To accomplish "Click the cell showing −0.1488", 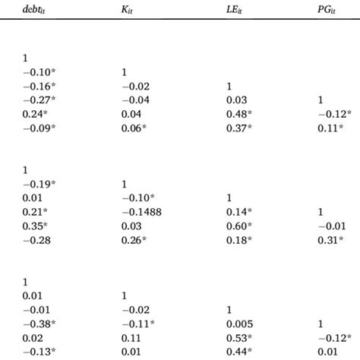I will (x=141, y=211).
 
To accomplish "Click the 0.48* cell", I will (x=238, y=113).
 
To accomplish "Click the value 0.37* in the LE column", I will (x=238, y=128).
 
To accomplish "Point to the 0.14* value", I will (x=238, y=211).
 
